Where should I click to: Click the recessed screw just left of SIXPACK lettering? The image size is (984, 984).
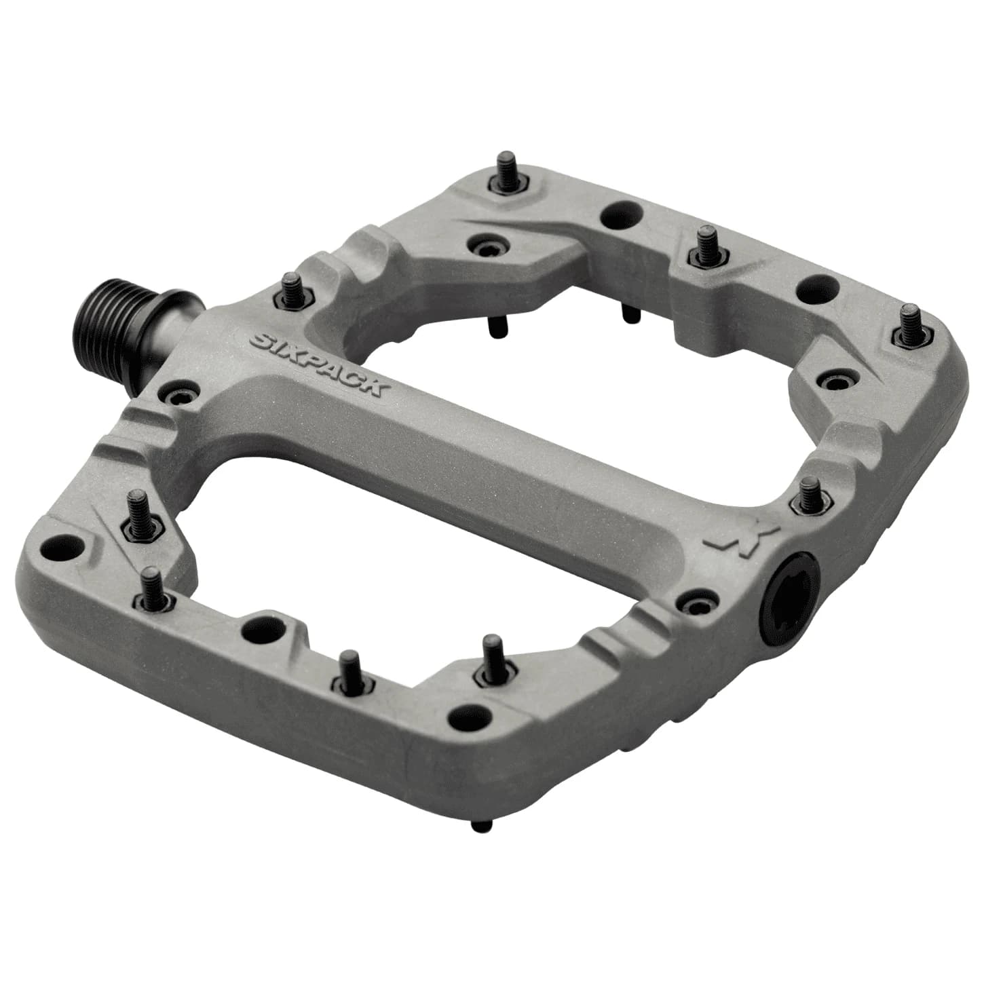[x=180, y=393]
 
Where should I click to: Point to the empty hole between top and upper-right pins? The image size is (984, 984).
[x=622, y=215]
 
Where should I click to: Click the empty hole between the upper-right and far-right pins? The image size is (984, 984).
[x=814, y=288]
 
